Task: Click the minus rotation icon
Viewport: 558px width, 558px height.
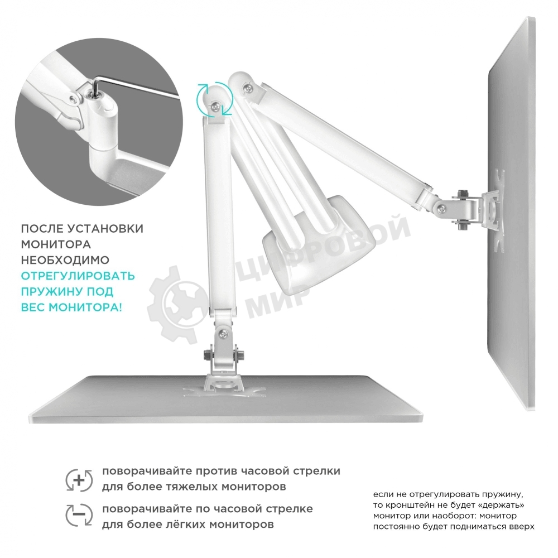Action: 79,514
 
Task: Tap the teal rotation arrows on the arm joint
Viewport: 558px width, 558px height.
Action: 215,99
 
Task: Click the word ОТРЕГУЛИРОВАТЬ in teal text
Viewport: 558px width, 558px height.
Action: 78,276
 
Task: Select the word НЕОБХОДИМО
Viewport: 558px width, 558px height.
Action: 65,260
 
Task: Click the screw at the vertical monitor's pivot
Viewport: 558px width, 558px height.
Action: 442,209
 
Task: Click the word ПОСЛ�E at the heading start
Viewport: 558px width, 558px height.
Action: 42,228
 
